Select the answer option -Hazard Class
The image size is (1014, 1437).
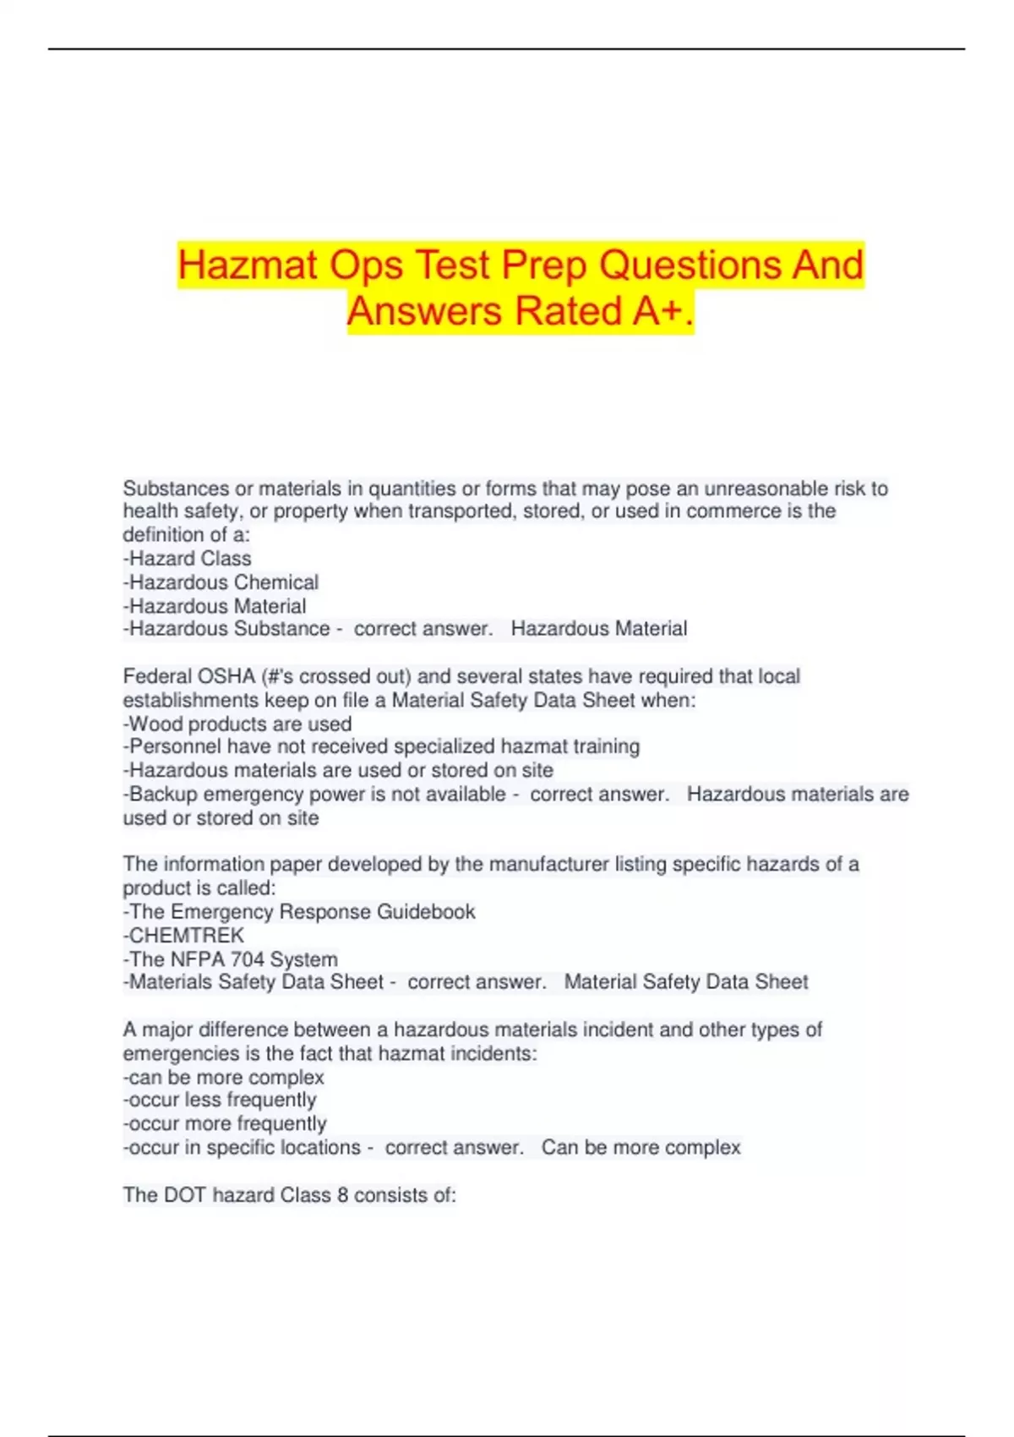click(x=187, y=559)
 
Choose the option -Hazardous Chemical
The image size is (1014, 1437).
click(x=221, y=582)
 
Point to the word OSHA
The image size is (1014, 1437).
click(x=226, y=676)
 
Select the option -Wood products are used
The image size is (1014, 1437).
click(x=237, y=724)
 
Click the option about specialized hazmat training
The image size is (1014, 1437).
click(x=381, y=746)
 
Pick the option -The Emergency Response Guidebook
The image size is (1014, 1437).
click(x=299, y=912)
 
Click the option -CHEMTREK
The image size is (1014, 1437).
click(x=183, y=936)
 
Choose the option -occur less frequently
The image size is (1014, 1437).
click(x=220, y=1100)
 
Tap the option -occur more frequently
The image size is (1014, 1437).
click(x=225, y=1123)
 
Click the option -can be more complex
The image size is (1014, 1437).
click(x=224, y=1078)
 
